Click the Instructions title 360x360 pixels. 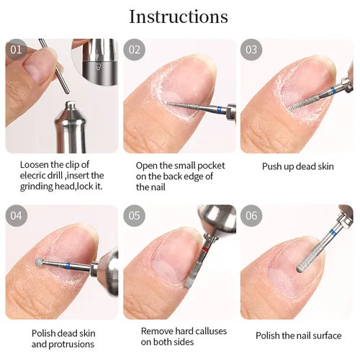click(x=179, y=17)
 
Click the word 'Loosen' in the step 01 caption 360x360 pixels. click(x=35, y=165)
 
